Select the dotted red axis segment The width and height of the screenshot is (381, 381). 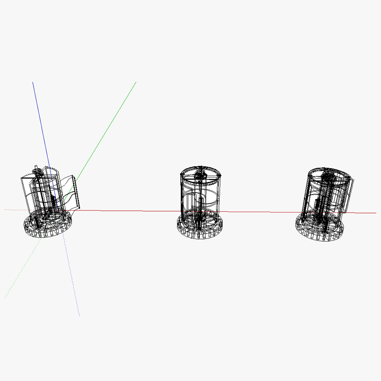14,210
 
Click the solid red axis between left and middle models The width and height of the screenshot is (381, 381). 127,211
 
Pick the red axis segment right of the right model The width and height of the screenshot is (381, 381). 362,213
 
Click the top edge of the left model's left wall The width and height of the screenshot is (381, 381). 27,178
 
